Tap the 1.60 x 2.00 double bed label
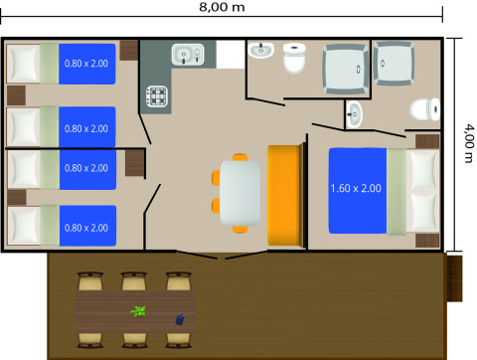pos(355,188)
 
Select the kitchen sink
pos(186,54)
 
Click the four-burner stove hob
pos(158,96)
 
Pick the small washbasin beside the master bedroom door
pos(355,114)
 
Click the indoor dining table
pos(239,191)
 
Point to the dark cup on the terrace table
pos(180,319)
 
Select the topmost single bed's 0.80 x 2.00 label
pos(86,64)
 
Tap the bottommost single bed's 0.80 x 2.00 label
pos(86,228)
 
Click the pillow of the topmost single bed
pos(23,64)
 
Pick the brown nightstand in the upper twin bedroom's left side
pos(15,95)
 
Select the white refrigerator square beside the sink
pos(230,54)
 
